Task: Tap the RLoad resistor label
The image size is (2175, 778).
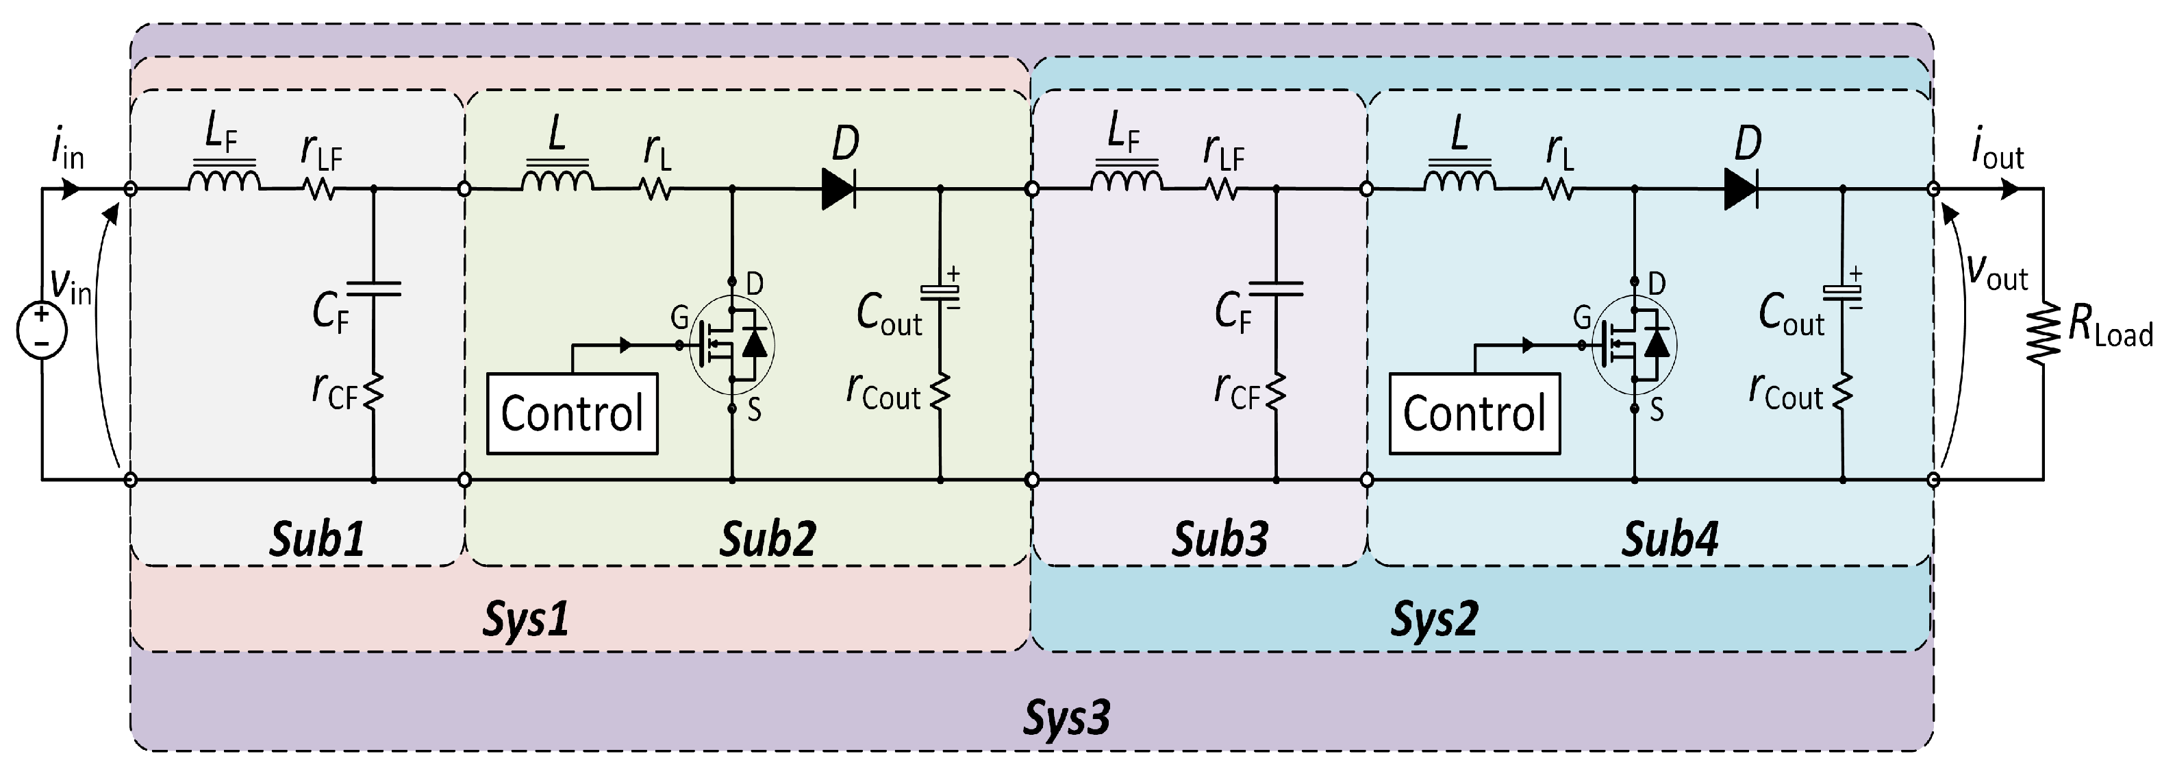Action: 2110,325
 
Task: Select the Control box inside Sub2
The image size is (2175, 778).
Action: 573,414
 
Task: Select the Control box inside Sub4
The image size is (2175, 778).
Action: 1474,414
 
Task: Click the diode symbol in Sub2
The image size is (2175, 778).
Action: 838,189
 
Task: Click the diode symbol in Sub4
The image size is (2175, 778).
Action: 1741,189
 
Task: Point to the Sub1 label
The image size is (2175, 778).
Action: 316,539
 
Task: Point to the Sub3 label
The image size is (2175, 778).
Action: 1219,539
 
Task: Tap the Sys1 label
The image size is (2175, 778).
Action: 525,619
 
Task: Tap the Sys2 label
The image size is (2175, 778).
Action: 1433,619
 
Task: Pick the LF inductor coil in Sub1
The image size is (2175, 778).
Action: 223,180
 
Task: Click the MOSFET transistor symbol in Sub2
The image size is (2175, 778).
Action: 731,345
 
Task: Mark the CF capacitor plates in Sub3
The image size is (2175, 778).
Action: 1275,289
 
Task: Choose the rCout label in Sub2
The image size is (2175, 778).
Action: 883,393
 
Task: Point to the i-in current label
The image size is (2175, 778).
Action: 68,152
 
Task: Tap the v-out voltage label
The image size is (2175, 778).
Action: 1997,272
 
